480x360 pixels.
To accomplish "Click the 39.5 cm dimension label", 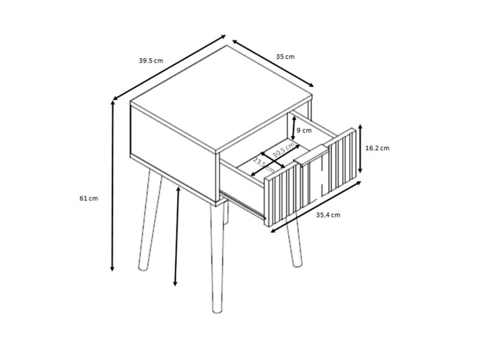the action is pos(151,60).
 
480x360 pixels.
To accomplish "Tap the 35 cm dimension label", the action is pos(285,57).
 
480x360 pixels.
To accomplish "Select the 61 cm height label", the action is pos(88,198).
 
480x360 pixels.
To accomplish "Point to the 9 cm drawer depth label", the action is pos(304,130).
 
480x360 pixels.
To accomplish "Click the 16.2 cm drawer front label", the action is pos(377,148).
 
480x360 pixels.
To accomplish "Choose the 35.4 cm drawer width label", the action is pos(328,215).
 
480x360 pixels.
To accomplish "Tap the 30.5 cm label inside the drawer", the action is pos(283,151).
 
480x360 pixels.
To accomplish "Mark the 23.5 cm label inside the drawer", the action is pos(263,165).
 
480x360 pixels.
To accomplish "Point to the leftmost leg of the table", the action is pos(149,220).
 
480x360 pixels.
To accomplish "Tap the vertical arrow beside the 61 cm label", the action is pos(112,186).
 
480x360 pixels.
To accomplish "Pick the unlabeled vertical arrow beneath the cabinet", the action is pos(177,236).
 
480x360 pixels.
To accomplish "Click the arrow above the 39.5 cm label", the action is pos(169,67).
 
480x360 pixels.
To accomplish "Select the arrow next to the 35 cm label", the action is pos(273,63).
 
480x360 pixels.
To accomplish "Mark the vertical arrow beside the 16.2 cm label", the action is pos(361,149).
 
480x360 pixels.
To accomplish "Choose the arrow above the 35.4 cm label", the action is pos(316,206).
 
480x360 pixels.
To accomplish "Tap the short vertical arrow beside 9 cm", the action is pos(293,130).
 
